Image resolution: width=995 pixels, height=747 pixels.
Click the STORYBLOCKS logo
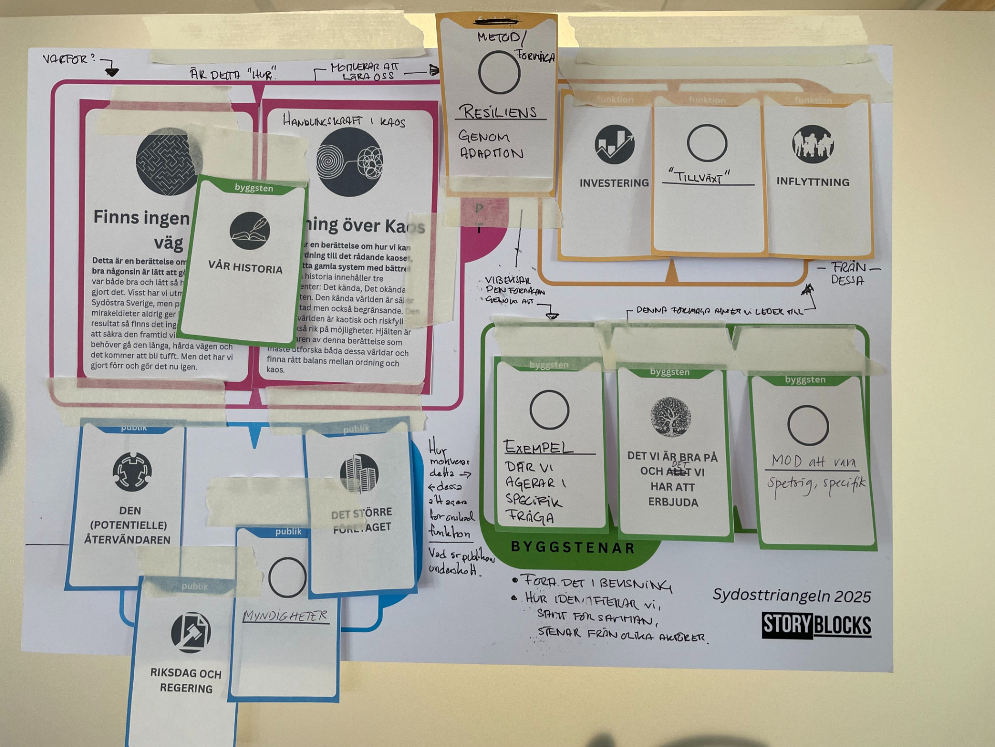pos(816,625)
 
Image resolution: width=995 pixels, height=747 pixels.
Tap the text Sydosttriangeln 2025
pos(791,596)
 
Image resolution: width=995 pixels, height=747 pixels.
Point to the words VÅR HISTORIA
pos(245,267)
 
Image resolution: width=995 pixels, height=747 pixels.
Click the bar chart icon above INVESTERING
pos(615,144)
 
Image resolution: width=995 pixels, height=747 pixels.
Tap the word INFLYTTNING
pos(813,182)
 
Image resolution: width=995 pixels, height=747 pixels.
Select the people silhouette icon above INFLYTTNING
pos(813,144)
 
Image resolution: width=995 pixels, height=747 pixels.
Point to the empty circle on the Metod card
pos(499,73)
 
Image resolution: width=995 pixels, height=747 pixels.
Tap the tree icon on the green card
pos(671,417)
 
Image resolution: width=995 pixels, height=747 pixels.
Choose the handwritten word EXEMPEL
pos(538,447)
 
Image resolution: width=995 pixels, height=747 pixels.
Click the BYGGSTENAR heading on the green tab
pos(573,548)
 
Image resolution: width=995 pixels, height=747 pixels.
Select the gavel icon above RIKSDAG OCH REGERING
pos(191,632)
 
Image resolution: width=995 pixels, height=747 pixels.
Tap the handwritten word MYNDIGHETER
pos(286,616)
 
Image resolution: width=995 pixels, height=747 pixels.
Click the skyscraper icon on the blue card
pos(359,473)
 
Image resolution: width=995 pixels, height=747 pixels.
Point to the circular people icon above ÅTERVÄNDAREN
pos(132,472)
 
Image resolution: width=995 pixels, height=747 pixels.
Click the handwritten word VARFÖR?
pos(69,59)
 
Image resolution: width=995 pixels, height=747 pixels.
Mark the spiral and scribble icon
pos(350,162)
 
